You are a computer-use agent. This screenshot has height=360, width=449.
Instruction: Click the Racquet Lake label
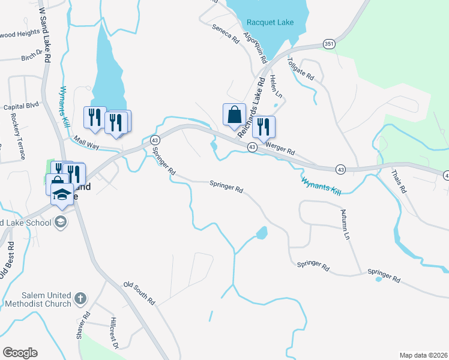pyautogui.click(x=270, y=23)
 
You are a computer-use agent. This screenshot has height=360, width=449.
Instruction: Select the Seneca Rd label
pyautogui.click(x=225, y=32)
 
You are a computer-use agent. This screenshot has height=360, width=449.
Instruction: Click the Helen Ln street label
pyautogui.click(x=276, y=86)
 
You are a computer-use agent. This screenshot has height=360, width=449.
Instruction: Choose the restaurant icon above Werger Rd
pyautogui.click(x=263, y=127)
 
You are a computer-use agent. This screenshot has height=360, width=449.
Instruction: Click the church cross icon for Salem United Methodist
pyautogui.click(x=80, y=298)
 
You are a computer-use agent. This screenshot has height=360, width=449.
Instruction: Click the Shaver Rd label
pyautogui.click(x=83, y=325)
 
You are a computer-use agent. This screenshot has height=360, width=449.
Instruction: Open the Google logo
pyautogui.click(x=20, y=352)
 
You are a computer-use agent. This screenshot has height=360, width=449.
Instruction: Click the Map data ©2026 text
pyautogui.click(x=423, y=355)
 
